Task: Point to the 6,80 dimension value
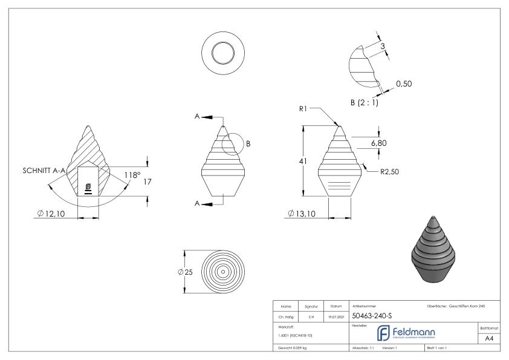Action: (378, 143)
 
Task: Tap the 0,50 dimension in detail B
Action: (404, 84)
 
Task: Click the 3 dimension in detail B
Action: (383, 45)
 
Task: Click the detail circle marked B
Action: (232, 144)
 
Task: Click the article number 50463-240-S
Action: (374, 316)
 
